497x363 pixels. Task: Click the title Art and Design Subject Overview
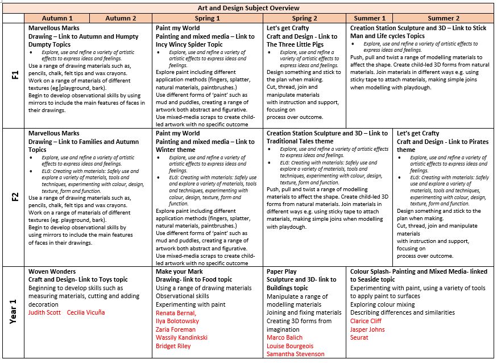[248, 8]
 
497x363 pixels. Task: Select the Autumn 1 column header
[57, 18]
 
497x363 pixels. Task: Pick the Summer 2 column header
[444, 18]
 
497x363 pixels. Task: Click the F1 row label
[14, 75]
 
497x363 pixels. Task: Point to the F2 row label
[14, 197]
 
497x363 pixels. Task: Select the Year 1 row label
[14, 312]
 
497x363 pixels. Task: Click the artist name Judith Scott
[45, 312]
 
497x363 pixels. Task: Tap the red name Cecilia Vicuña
[86, 312]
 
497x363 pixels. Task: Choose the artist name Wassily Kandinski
[181, 337]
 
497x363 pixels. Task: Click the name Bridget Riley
[173, 345]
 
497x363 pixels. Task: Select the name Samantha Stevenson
[296, 354]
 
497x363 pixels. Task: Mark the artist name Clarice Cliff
[366, 321]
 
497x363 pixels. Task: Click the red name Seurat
[360, 337]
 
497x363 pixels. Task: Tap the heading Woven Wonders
[52, 271]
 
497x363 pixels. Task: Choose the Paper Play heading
[284, 271]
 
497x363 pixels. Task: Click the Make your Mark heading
[180, 271]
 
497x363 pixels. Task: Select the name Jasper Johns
[367, 329]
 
